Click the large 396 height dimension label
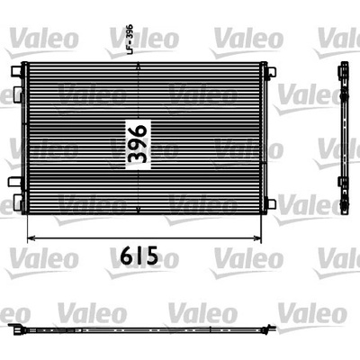coord(138,144)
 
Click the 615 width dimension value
coord(139,256)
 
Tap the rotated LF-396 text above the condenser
coord(130,40)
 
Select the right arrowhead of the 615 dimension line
coord(257,238)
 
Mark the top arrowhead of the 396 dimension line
coord(138,66)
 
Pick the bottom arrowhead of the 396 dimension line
coord(138,210)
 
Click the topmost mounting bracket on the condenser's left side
coord(17,70)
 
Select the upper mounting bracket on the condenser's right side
coord(271,73)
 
